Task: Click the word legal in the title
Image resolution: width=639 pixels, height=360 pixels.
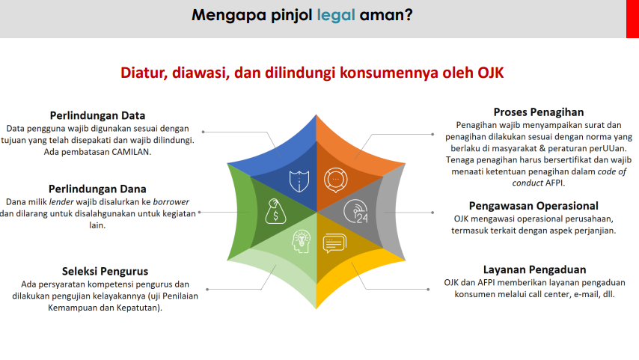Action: (336, 16)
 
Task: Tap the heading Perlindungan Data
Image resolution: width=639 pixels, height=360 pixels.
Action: (97, 115)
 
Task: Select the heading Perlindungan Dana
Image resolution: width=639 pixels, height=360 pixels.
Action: (97, 189)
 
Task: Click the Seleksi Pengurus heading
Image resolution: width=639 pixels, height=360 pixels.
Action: (105, 272)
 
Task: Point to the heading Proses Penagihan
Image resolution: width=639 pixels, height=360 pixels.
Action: (539, 112)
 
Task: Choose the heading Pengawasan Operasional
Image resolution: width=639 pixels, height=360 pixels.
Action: (533, 206)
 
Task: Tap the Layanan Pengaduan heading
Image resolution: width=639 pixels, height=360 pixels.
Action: (535, 270)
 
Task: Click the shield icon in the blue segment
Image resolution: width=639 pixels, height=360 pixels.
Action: (299, 181)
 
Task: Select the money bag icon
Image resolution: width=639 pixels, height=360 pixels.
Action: (275, 211)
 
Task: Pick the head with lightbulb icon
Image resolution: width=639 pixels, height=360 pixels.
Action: (301, 241)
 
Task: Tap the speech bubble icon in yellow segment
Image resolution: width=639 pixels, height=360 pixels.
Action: (334, 243)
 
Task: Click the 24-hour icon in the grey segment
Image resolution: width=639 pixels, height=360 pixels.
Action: (355, 211)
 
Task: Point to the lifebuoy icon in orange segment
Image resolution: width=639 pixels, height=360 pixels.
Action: (336, 180)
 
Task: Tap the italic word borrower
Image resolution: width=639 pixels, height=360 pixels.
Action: (171, 202)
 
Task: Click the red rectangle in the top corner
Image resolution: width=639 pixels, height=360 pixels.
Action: (632, 19)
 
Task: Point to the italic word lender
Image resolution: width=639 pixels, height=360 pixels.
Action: (61, 202)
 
